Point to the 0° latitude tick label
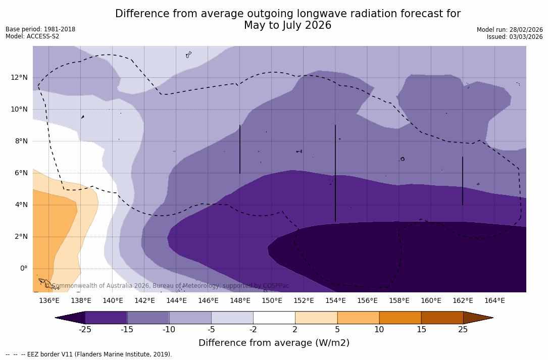tap(24, 268)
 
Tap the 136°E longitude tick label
tap(49, 301)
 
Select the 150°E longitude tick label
tap(272, 301)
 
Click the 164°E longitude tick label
tap(494, 301)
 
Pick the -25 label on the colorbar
tap(85, 330)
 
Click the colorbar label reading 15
tap(421, 330)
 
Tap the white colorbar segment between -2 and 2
tap(274, 318)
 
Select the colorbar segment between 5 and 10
tap(358, 318)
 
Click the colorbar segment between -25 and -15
tap(106, 318)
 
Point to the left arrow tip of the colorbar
tap(57, 318)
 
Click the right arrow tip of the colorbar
tap(491, 318)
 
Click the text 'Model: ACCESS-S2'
tap(32, 36)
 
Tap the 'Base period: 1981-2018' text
tap(40, 29)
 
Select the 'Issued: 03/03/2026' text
tap(515, 37)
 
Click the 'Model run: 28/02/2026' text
tap(510, 30)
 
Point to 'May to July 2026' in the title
tap(287, 25)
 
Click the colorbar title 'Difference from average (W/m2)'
tap(274, 343)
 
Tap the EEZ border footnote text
tap(88, 354)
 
